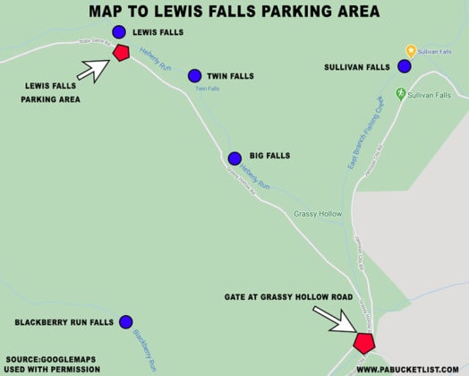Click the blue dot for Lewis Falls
click(119, 32)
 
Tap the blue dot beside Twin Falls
click(194, 76)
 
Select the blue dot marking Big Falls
click(234, 158)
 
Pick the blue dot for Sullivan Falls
click(405, 66)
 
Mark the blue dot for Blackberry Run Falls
click(126, 321)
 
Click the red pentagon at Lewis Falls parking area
click(122, 53)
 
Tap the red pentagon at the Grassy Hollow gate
click(363, 343)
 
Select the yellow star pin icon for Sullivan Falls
click(410, 51)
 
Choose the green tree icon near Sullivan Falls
click(401, 93)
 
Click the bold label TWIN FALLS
click(231, 77)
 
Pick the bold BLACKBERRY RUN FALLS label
click(64, 321)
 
